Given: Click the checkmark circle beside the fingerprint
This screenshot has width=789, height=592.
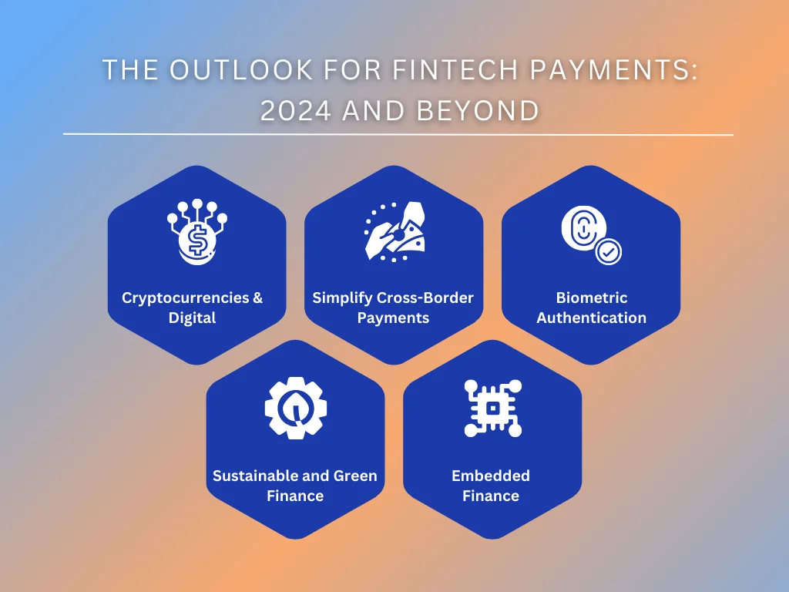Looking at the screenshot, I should coord(609,251).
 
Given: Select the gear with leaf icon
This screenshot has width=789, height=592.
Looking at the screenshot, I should coord(295,407).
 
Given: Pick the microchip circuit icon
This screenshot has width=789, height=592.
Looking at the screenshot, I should coord(492,407).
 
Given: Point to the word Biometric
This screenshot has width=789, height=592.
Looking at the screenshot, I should coord(591,298).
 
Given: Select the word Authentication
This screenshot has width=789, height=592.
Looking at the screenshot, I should coord(591,318).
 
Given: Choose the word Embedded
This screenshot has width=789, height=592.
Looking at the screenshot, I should coord(491,476).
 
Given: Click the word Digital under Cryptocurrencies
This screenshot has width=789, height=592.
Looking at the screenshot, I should coord(192,318).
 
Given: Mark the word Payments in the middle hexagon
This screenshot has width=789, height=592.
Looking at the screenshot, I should coord(393,318).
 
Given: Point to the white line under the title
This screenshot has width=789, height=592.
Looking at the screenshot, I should coord(398,134).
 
